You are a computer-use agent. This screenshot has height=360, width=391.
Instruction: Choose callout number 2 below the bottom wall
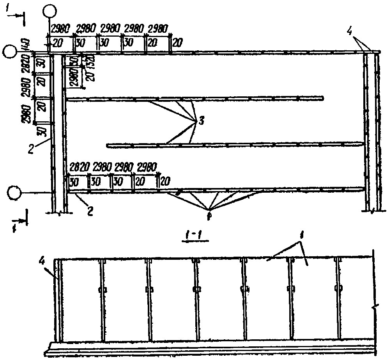(x=90, y=211)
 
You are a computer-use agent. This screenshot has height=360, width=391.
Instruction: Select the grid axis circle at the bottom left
(x=15, y=192)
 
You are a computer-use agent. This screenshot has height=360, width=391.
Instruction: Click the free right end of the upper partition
(x=323, y=98)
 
